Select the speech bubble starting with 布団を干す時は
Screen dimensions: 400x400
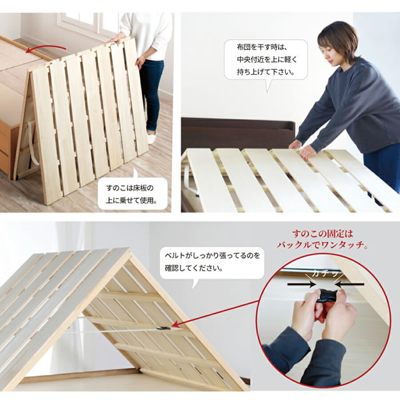pyautogui.click(x=266, y=60)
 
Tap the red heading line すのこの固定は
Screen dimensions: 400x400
pyautogui.click(x=323, y=234)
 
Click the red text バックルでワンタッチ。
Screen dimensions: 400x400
pyautogui.click(x=323, y=245)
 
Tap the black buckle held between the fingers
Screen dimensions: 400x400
pyautogui.click(x=327, y=295)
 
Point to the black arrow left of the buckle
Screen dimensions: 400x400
pyautogui.click(x=302, y=284)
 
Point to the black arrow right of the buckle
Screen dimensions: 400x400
pyautogui.click(x=349, y=284)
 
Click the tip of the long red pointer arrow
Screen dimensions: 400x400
pyautogui.click(x=171, y=327)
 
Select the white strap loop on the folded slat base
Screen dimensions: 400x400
pyautogui.click(x=32, y=143)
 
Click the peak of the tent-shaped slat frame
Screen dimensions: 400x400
pyautogui.click(x=131, y=251)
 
